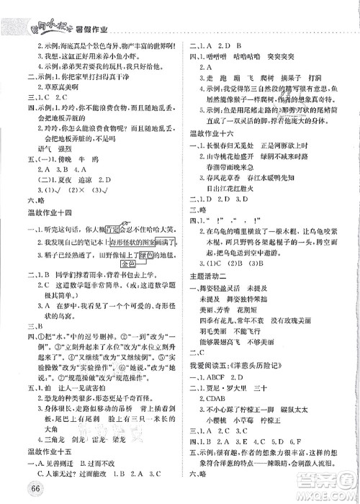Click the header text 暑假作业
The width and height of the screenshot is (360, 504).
85,10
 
